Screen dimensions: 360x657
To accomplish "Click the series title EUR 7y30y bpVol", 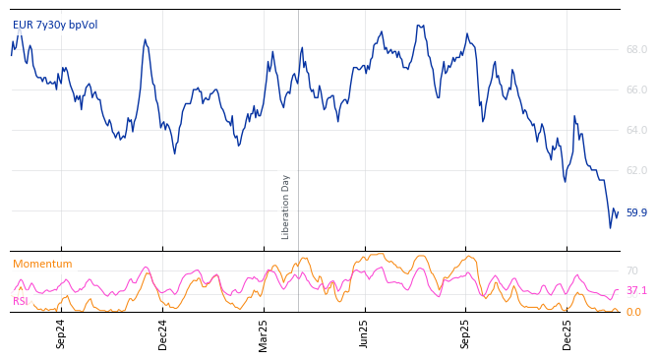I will pos(55,25).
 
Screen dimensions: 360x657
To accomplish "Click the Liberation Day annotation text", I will pos(286,207).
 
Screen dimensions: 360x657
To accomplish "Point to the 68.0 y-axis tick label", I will pos(636,49).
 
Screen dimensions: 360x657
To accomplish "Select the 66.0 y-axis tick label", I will pos(636,90).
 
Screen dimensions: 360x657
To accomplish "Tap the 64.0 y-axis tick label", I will pos(636,130).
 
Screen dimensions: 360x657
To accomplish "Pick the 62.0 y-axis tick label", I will pos(636,170).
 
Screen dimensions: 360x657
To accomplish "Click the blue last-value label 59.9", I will pos(636,212).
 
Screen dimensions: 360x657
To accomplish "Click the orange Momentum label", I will pos(42,264).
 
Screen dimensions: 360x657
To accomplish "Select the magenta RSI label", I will pos(20,301).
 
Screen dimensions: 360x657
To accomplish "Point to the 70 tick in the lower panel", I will pos(632,270).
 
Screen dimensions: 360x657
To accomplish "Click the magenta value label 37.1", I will pos(636,291).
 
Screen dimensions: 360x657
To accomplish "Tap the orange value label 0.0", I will pos(633,312).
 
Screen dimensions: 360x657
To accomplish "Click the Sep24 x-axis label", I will pos(61,333).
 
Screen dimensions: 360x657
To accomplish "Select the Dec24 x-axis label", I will pos(163,333).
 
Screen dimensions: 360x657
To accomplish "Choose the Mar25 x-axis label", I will pos(264,333).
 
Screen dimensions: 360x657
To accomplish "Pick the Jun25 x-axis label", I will pos(365,333).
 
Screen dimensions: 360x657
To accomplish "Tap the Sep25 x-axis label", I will pos(466,333).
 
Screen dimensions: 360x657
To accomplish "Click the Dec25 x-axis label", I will pos(567,333).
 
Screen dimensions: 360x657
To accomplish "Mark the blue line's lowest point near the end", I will pos(610,228).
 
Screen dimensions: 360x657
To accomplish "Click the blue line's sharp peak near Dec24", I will pos(146,40).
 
